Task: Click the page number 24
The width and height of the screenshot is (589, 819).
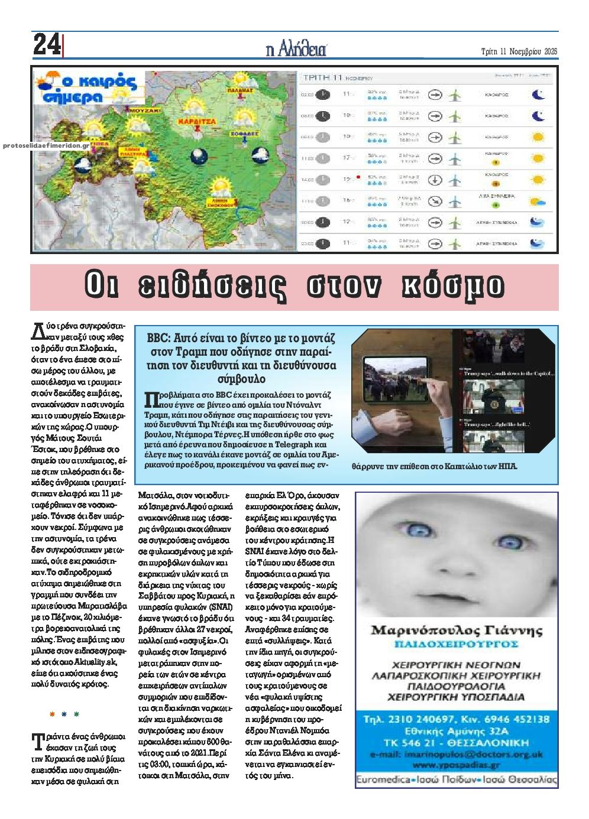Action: pos(46,45)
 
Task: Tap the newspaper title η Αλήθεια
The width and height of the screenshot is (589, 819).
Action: pos(296,50)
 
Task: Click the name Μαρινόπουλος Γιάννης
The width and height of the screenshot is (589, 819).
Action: pos(456,630)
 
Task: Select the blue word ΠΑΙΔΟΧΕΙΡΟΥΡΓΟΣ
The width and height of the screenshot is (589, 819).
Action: pos(456,643)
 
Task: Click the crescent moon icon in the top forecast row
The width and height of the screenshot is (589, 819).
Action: pos(538,95)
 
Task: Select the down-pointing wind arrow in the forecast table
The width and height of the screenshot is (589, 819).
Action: pos(435,180)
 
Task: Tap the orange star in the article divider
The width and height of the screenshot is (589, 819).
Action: pos(52,714)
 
